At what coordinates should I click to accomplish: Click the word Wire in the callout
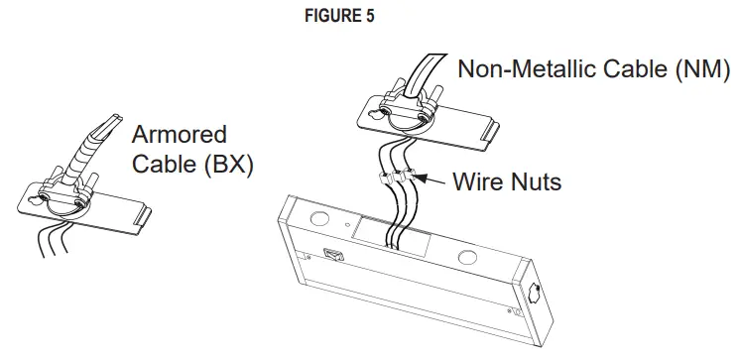tap(479, 182)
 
